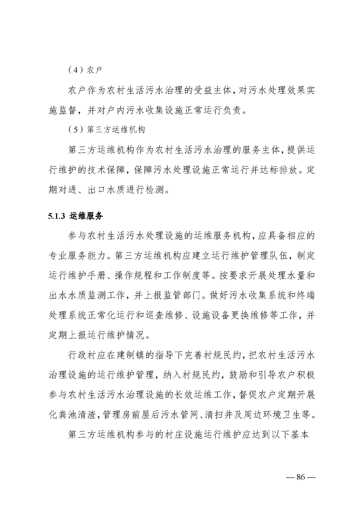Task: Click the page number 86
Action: click(x=301, y=477)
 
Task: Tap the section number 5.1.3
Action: click(x=57, y=215)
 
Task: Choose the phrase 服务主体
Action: click(x=255, y=148)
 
